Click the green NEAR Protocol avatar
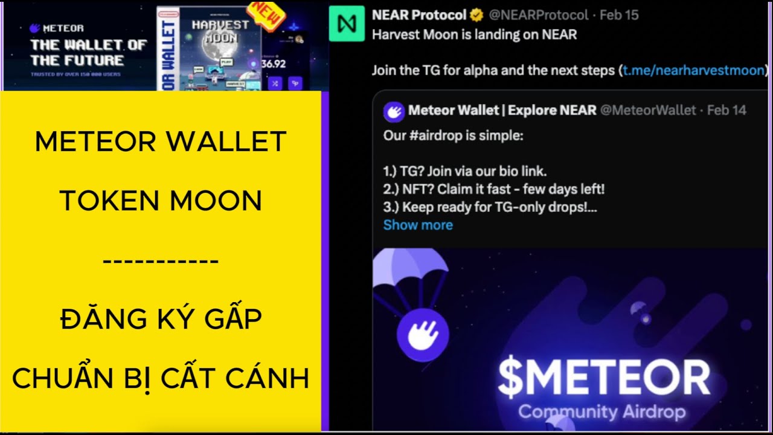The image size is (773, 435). coord(347,24)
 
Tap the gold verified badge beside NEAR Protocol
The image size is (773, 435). coord(476,15)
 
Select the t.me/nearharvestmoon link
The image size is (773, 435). coord(694,70)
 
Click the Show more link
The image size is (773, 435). coord(418,225)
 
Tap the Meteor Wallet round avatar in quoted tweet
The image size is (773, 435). coord(394,111)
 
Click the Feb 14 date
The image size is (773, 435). coord(726,110)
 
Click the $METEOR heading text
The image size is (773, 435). coord(603,378)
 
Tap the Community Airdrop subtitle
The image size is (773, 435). coord(601,412)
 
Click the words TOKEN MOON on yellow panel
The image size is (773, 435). coord(161,201)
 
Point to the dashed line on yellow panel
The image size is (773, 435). coord(161,262)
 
